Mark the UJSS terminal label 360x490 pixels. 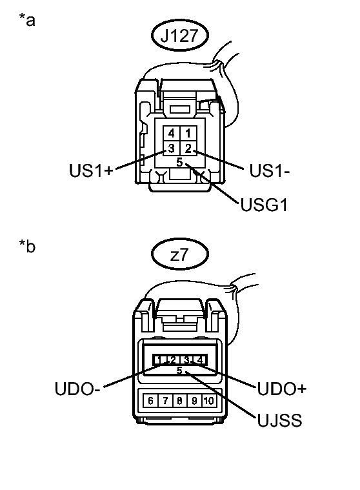278,421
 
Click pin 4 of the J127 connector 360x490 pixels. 171,134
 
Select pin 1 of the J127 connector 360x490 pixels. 186,134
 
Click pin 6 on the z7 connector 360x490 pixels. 152,400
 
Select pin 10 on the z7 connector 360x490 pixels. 208,400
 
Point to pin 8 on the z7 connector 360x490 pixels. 179,400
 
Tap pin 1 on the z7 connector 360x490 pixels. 157,360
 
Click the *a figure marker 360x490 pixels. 27,21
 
